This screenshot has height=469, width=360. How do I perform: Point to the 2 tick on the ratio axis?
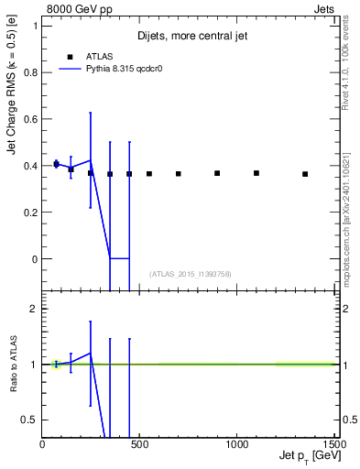tap(34, 309)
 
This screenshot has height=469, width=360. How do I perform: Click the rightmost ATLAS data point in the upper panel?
tap(305, 174)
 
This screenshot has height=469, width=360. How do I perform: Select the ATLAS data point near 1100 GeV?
tap(256, 173)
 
